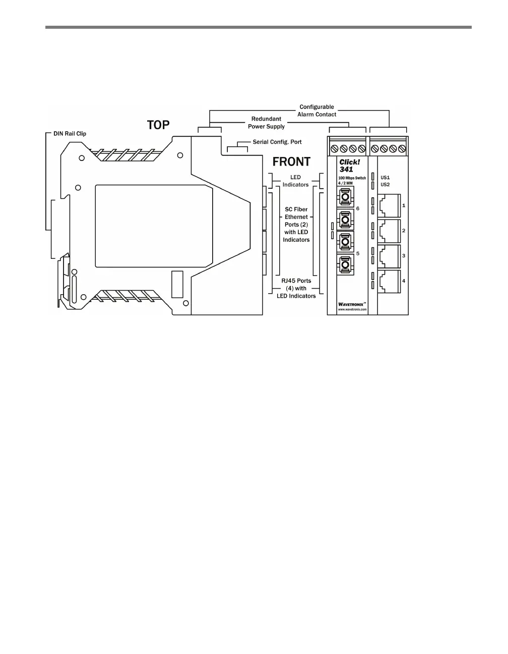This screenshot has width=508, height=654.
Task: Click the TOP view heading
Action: click(x=158, y=125)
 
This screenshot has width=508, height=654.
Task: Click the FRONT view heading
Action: click(x=291, y=162)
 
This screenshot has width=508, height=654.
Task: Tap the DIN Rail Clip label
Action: click(x=70, y=134)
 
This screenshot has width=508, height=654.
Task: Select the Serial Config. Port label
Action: click(x=277, y=142)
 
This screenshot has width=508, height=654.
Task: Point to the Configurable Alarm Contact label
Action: click(x=316, y=111)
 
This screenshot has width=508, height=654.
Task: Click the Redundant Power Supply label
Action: click(x=266, y=123)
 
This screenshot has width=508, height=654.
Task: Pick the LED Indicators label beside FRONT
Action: click(x=295, y=181)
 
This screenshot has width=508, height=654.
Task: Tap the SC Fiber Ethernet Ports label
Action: click(x=296, y=224)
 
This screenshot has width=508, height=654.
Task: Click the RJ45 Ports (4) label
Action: click(x=296, y=288)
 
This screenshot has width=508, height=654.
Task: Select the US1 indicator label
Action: click(x=385, y=178)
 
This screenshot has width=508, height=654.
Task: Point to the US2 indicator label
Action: click(x=385, y=185)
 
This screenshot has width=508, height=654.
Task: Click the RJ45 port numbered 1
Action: click(x=389, y=206)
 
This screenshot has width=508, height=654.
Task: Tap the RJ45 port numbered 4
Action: click(x=389, y=282)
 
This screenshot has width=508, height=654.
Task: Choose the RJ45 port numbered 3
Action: click(x=389, y=256)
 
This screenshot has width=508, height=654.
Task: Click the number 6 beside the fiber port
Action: click(x=358, y=208)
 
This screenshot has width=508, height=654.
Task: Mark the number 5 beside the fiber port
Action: click(x=358, y=253)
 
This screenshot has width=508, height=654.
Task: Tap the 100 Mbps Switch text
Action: click(x=352, y=178)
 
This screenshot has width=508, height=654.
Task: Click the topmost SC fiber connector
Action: click(x=345, y=196)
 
